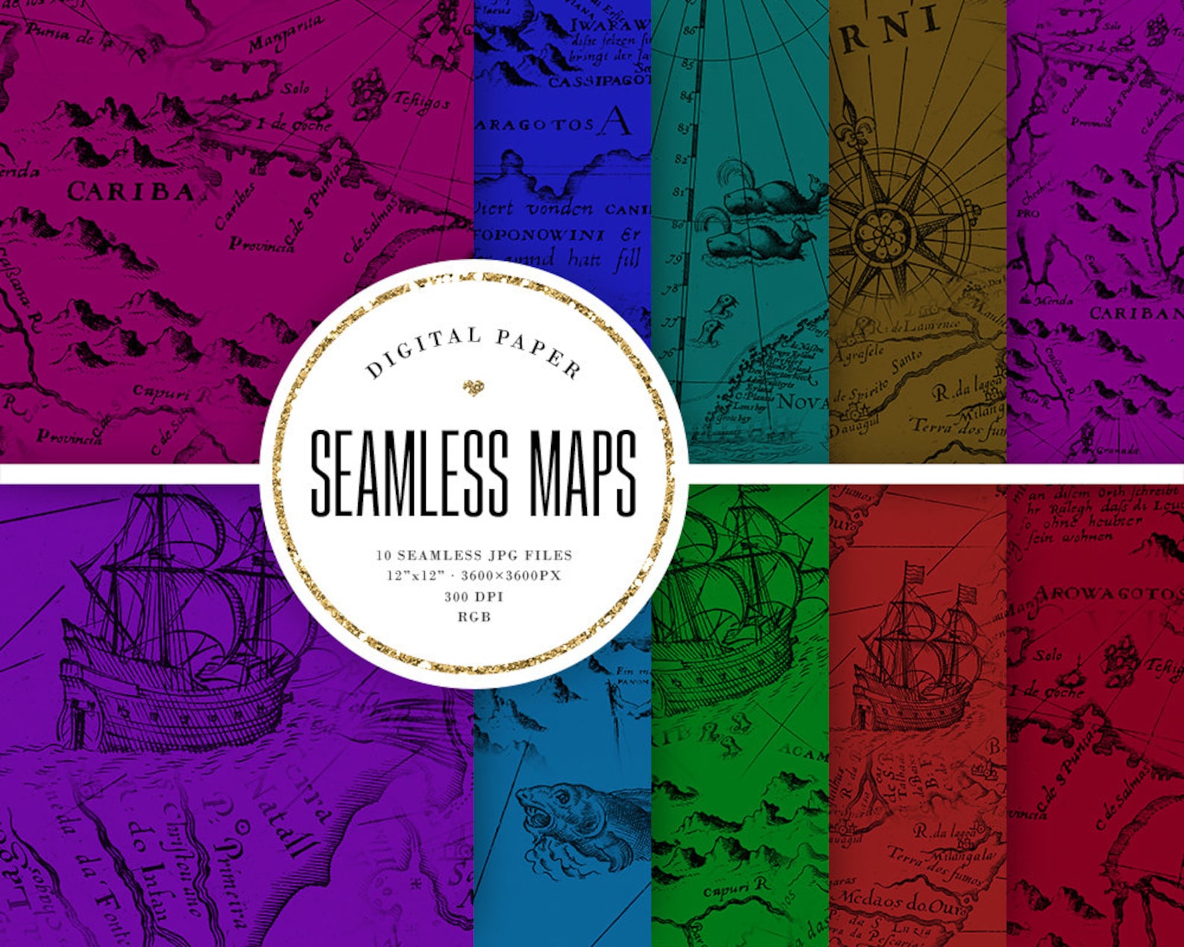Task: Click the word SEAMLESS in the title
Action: tap(409, 474)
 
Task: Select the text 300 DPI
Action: tap(474, 597)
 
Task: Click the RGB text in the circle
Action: tap(474, 617)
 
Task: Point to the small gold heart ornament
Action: tap(473, 386)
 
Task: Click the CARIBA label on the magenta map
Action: tap(130, 192)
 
